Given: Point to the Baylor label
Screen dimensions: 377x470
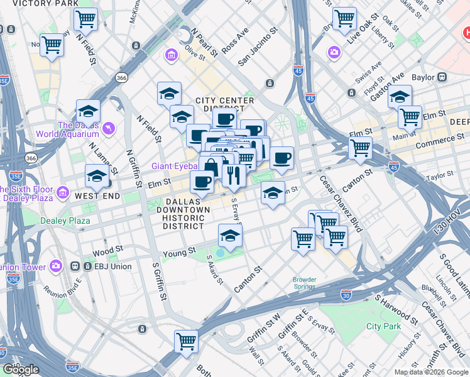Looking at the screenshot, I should [x=424, y=77].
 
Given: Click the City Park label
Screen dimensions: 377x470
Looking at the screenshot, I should [x=383, y=326].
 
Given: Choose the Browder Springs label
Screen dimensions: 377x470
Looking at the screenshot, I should [x=304, y=283].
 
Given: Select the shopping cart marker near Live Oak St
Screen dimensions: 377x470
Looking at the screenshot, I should [x=344, y=19].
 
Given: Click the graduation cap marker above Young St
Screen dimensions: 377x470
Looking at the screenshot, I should [x=230, y=236].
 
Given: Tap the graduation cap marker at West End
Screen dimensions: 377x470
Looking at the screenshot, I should [x=96, y=177].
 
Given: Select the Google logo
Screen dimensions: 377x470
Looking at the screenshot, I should [x=21, y=369].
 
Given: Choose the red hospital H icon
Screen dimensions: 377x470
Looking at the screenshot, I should [x=466, y=31].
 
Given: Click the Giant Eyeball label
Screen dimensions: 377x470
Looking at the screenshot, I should [x=174, y=166].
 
